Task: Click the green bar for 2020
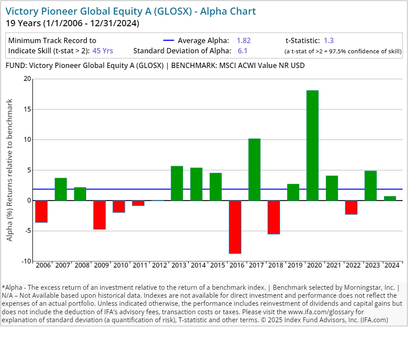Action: pyautogui.click(x=312, y=145)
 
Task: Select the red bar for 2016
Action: pyautogui.click(x=235, y=227)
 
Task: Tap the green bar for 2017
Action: pyautogui.click(x=254, y=169)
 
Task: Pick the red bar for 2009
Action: pyautogui.click(x=100, y=215)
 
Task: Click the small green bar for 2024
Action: pyautogui.click(x=390, y=198)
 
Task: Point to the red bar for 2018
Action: pyautogui.click(x=274, y=217)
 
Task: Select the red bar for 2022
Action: pyautogui.click(x=351, y=207)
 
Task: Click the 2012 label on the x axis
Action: pyautogui.click(x=160, y=265)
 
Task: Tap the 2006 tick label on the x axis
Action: pyautogui.click(x=43, y=265)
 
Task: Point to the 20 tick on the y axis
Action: pyautogui.click(x=28, y=79)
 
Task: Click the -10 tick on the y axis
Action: pyautogui.click(x=27, y=261)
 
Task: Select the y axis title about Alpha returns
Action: pyautogui.click(x=10, y=170)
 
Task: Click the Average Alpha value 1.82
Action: pyautogui.click(x=244, y=40)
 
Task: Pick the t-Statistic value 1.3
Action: pyautogui.click(x=329, y=40)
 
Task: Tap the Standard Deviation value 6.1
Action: pyautogui.click(x=242, y=51)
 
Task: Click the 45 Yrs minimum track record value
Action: pyautogui.click(x=103, y=51)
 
